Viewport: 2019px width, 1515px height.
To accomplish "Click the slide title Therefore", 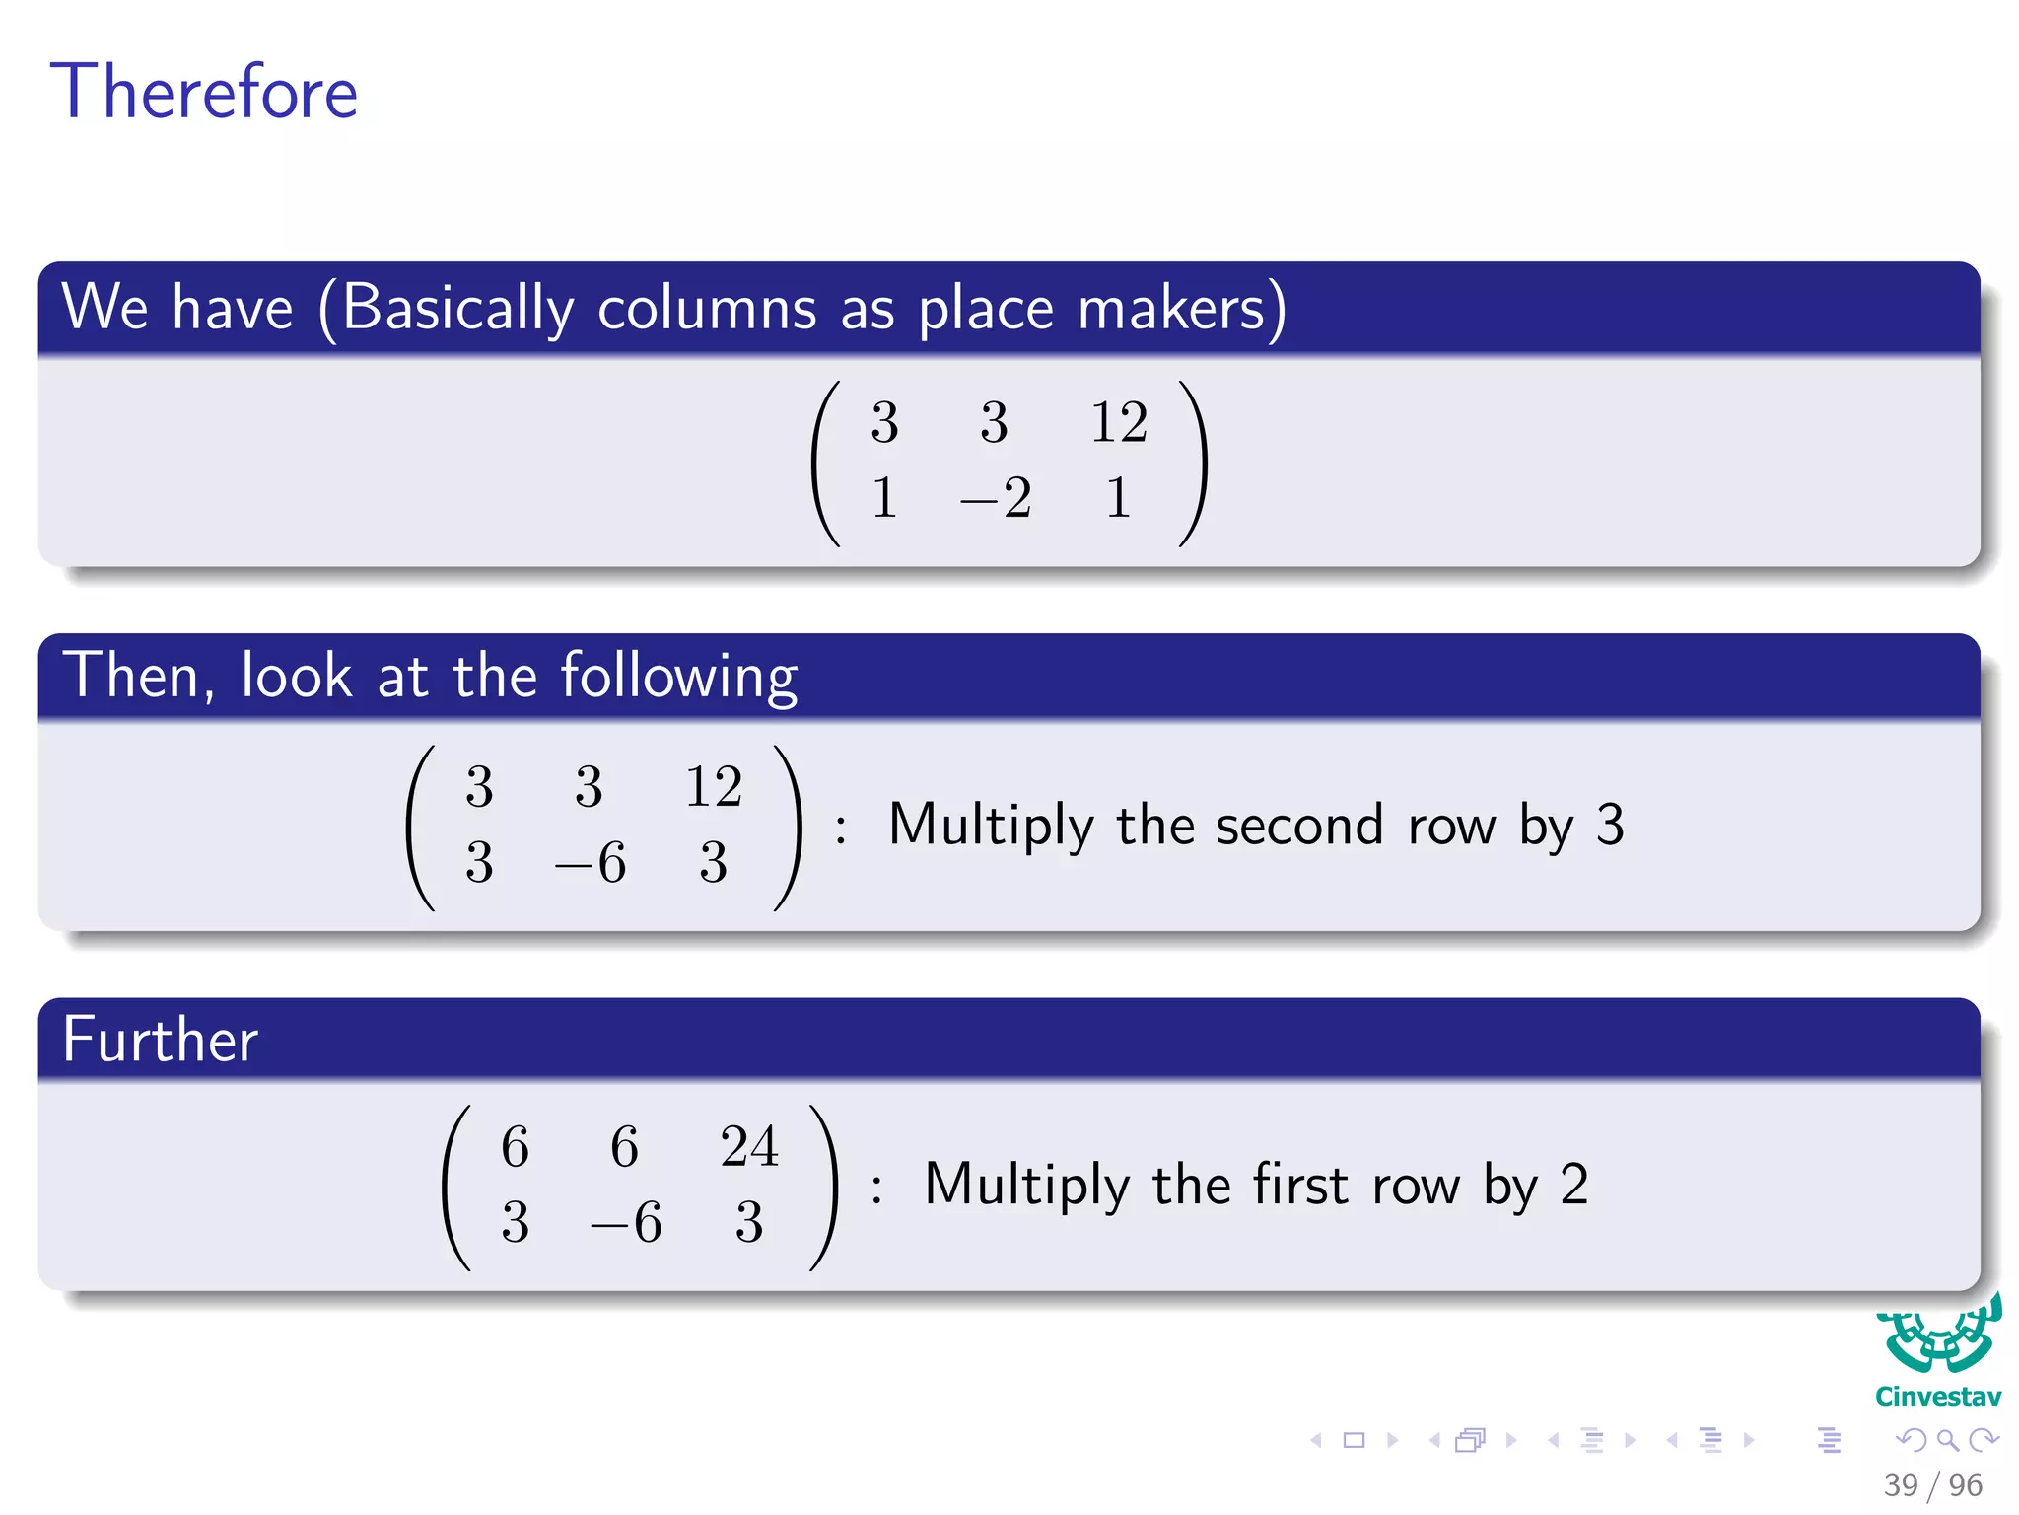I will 204,92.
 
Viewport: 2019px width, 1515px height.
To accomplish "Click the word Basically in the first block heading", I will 457,308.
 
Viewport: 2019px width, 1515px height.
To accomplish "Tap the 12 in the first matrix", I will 1118,423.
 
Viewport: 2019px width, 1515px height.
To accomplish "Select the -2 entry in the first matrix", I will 996,498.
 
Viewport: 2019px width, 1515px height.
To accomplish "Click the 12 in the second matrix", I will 713,787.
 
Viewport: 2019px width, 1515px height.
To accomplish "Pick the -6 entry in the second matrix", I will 591,863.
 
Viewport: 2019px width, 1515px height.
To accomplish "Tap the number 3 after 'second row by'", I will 1609,825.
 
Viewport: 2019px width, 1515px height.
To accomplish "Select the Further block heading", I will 161,1040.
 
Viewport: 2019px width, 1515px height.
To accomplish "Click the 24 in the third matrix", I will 748,1147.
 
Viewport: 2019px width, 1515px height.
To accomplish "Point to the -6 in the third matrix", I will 626,1223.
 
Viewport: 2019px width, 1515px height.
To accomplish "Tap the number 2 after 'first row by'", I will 1574,1185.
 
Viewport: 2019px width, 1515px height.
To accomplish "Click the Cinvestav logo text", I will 1937,1397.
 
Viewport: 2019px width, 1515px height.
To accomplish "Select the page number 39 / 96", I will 1932,1484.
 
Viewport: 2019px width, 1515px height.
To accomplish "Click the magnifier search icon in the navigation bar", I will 1947,1440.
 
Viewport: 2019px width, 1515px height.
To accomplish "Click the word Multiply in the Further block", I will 1026,1185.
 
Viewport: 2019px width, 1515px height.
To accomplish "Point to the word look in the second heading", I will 296,678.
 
